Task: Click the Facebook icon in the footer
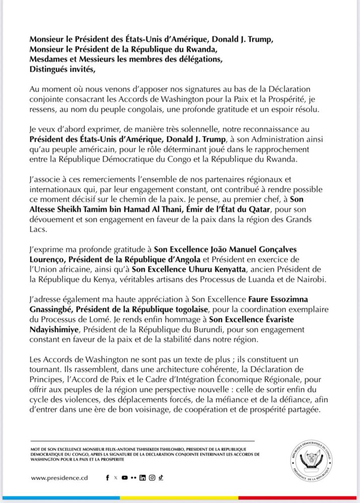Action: (x=108, y=477)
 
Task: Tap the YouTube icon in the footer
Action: (x=124, y=477)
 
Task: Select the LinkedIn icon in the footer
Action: (x=143, y=477)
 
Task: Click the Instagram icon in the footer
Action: (x=152, y=477)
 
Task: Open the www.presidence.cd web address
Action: (x=59, y=477)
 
